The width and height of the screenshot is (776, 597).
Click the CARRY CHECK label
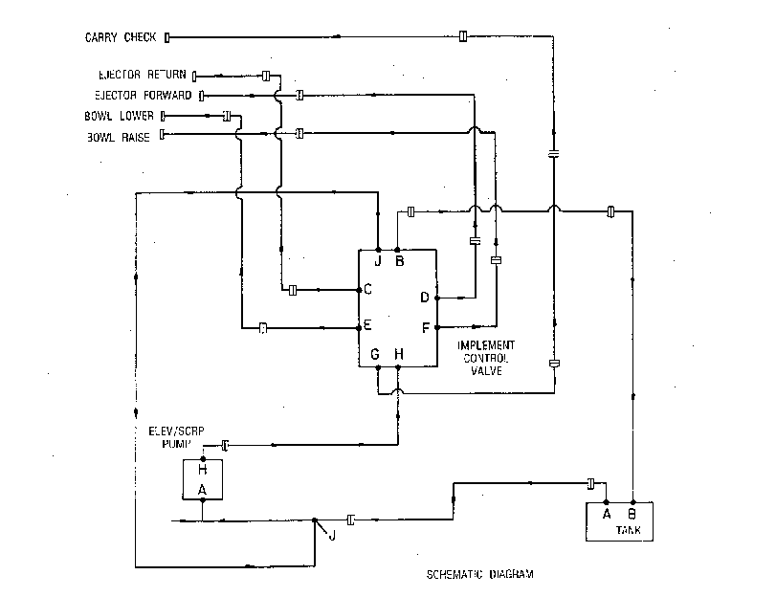pos(121,37)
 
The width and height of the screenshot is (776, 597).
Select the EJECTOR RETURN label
pos(142,75)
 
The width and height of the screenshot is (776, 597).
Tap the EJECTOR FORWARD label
pos(143,95)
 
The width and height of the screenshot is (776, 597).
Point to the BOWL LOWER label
pos(119,116)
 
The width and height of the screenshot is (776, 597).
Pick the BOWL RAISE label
pos(119,137)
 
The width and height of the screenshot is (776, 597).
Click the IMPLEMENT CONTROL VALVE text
pos(486,358)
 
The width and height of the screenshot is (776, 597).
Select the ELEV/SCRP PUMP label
pos(176,437)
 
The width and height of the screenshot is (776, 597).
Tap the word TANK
pos(629,530)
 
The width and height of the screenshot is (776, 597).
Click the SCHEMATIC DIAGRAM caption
pos(480,574)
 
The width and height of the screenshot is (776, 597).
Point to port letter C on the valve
pos(367,289)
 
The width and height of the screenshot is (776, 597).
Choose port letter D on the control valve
pos(425,298)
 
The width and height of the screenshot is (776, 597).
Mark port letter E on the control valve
pos(367,325)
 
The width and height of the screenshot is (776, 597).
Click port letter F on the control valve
pos(426,328)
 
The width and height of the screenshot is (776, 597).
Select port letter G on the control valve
pos(375,354)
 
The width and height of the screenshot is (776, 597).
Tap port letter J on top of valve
pos(378,261)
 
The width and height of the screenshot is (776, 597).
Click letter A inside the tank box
pos(607,515)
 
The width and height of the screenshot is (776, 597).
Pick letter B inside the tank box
pos(632,515)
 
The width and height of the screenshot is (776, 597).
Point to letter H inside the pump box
pos(203,470)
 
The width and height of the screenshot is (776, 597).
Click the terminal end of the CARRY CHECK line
pos(166,37)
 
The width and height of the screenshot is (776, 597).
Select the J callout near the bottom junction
pos(332,536)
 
